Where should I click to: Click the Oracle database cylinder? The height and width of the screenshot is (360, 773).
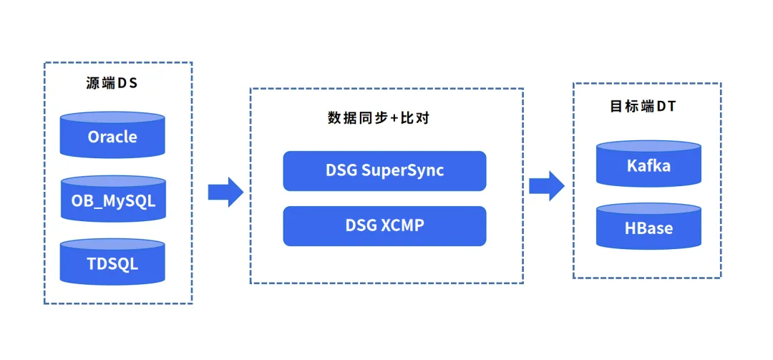pyautogui.click(x=112, y=135)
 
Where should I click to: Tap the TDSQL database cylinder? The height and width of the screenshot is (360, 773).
pyautogui.click(x=112, y=263)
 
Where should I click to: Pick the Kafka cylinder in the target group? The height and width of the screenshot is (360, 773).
pyautogui.click(x=648, y=165)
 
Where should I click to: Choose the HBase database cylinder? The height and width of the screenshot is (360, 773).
pyautogui.click(x=648, y=228)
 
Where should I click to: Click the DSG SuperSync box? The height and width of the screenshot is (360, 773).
pyautogui.click(x=384, y=170)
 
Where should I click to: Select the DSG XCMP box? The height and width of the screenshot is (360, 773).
pyautogui.click(x=384, y=225)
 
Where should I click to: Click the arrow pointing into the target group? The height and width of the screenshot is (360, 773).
pyautogui.click(x=546, y=185)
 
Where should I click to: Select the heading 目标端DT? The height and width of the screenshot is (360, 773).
pyautogui.click(x=643, y=107)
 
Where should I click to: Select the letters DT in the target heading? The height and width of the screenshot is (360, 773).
pyautogui.click(x=666, y=107)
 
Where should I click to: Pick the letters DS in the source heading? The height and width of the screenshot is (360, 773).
pyautogui.click(x=127, y=82)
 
